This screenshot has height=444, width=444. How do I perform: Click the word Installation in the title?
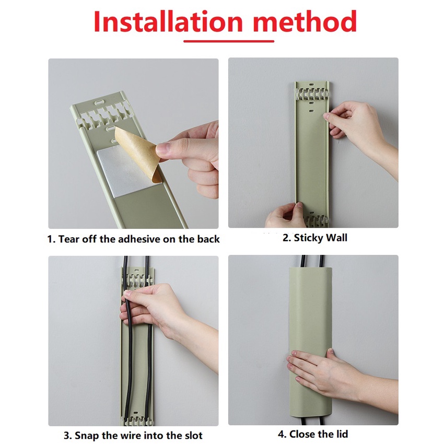click(168, 22)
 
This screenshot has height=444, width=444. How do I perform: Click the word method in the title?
click(305, 22)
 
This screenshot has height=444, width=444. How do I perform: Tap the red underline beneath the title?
click(229, 41)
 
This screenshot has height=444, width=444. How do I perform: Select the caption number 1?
click(51, 239)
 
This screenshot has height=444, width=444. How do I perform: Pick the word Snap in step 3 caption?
click(86, 436)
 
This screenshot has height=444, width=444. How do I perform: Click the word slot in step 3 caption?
click(193, 435)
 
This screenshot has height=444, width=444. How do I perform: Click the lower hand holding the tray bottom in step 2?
click(285, 216)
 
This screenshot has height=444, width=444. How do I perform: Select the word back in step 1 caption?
click(208, 239)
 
